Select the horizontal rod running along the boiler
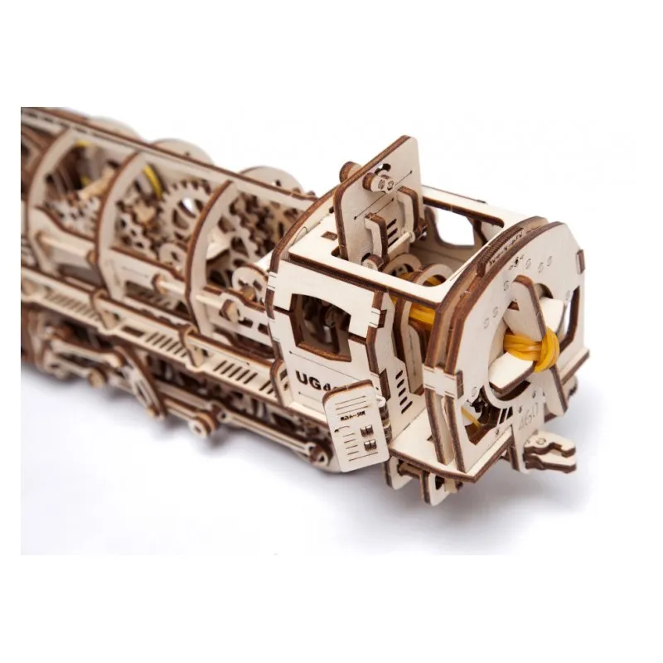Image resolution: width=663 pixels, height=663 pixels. click(124, 249)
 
